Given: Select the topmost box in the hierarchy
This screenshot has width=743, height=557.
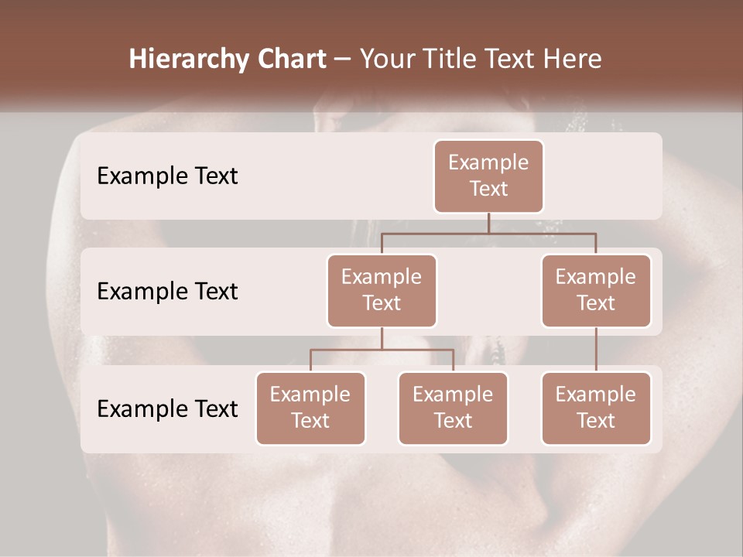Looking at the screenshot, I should (x=488, y=176).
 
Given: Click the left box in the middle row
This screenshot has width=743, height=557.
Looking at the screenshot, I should (x=382, y=291).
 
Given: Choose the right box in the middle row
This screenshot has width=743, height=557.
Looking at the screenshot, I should (x=596, y=291).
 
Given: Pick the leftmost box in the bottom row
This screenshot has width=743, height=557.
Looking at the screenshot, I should (x=310, y=408).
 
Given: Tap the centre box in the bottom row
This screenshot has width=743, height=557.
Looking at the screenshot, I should (x=453, y=408).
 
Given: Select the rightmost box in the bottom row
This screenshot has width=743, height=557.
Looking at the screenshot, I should (x=596, y=408).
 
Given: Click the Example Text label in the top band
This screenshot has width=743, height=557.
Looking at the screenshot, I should (x=167, y=176).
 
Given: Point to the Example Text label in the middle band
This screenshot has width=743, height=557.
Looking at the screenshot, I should (x=167, y=292).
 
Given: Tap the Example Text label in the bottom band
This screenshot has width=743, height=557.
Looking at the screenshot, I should (x=167, y=409).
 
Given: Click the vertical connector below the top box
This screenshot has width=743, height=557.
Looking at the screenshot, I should (x=488, y=223).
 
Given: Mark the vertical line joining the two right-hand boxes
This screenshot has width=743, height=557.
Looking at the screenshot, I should (x=596, y=350).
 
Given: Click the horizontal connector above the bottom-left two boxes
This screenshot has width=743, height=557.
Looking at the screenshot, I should (x=382, y=350).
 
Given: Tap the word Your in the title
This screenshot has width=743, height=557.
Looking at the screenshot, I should (x=384, y=60).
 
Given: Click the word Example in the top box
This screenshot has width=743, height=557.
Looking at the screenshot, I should (x=488, y=162).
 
